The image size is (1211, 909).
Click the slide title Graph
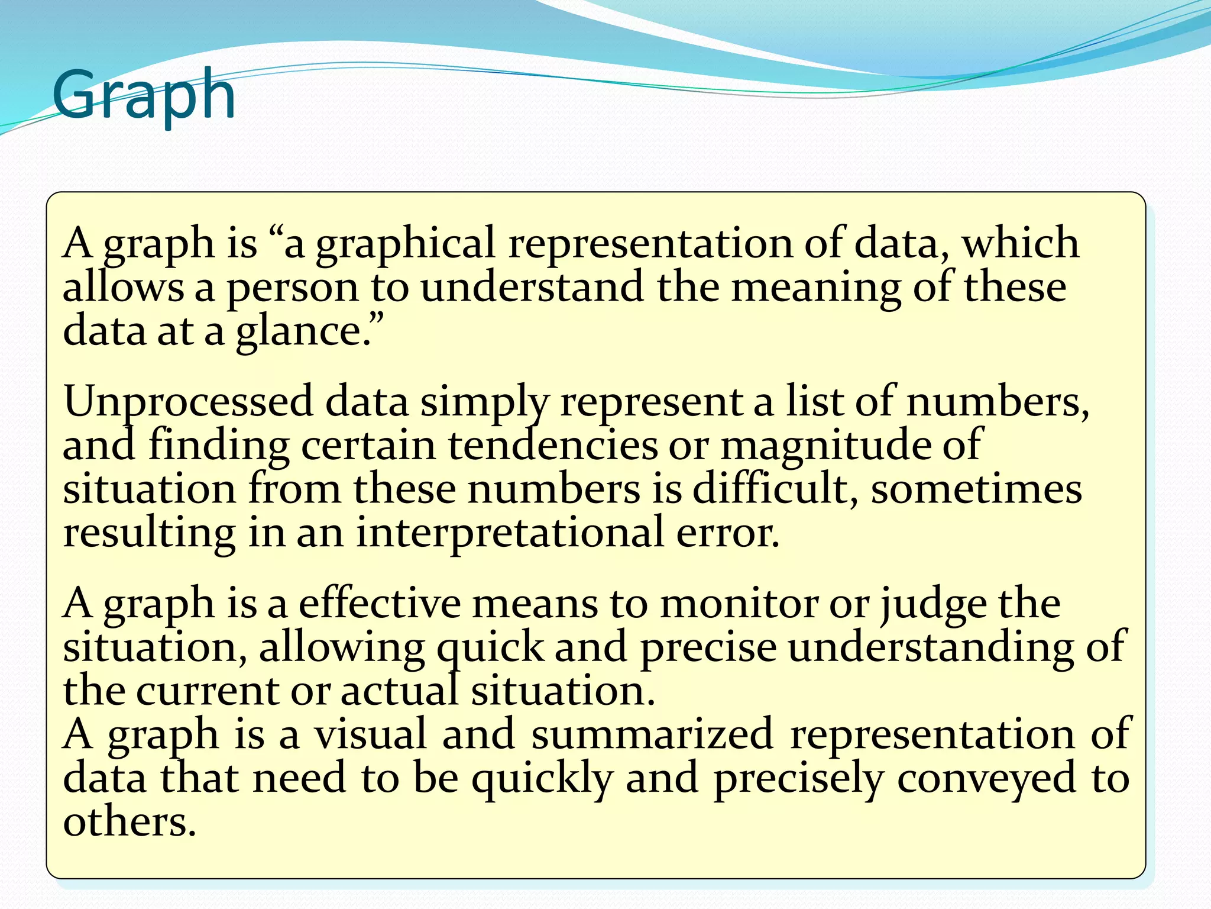[x=144, y=95]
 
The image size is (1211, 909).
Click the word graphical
[x=405, y=244]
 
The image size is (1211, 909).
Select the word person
[x=293, y=288]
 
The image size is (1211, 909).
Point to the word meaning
[x=816, y=288]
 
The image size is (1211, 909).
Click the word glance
[x=303, y=331]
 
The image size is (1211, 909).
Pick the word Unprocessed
[x=188, y=402]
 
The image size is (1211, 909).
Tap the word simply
[x=484, y=402]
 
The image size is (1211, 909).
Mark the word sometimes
[x=976, y=490]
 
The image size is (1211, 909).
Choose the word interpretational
[x=510, y=533]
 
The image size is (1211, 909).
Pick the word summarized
[x=652, y=734]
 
